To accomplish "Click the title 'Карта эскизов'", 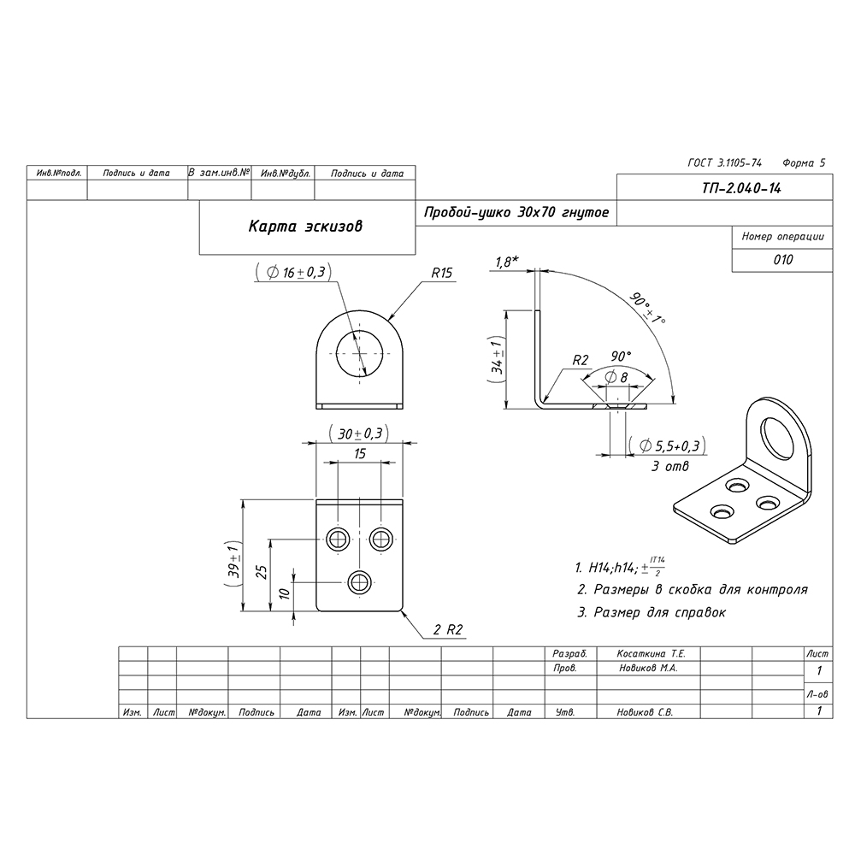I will [x=305, y=227].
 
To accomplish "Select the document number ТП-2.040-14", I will [x=740, y=190].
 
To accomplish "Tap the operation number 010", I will [x=782, y=260].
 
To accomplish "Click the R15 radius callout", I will [x=441, y=273].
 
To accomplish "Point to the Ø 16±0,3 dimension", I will [x=293, y=272].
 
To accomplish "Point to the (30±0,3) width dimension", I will [x=359, y=433].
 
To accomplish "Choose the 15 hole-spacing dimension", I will [x=360, y=453].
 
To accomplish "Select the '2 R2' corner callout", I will [x=447, y=630].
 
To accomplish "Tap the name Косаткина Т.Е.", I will [x=652, y=653].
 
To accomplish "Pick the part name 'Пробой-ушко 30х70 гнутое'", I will [x=516, y=211].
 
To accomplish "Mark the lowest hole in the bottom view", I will [x=359, y=583].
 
